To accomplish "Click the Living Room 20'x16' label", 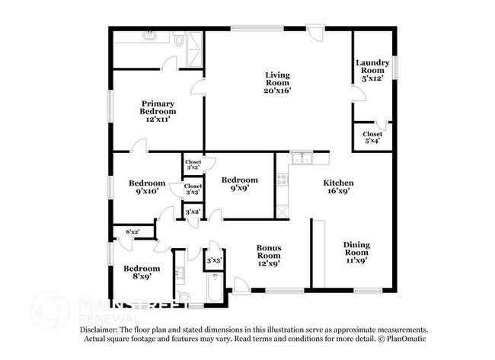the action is [277, 83].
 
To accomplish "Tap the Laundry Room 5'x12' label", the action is [372, 70].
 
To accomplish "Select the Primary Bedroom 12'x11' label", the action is [158, 111].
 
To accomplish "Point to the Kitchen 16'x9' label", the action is [338, 186].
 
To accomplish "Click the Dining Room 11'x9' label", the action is [356, 253].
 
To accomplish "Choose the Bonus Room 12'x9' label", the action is [269, 256].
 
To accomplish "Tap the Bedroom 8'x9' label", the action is [142, 272].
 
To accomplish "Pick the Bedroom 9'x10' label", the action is [147, 187].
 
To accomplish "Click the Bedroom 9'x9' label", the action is [240, 184].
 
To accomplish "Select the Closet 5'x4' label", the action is [372, 137].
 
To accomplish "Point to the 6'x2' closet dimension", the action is [133, 231].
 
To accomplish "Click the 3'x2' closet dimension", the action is [193, 212].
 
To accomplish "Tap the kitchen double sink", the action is [302, 159].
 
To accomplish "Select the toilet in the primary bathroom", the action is [179, 39].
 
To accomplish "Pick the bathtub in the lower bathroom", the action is [216, 288].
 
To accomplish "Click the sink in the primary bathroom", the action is [148, 35].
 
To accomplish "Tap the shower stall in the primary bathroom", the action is [194, 49].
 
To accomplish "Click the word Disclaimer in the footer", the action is [98, 330].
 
